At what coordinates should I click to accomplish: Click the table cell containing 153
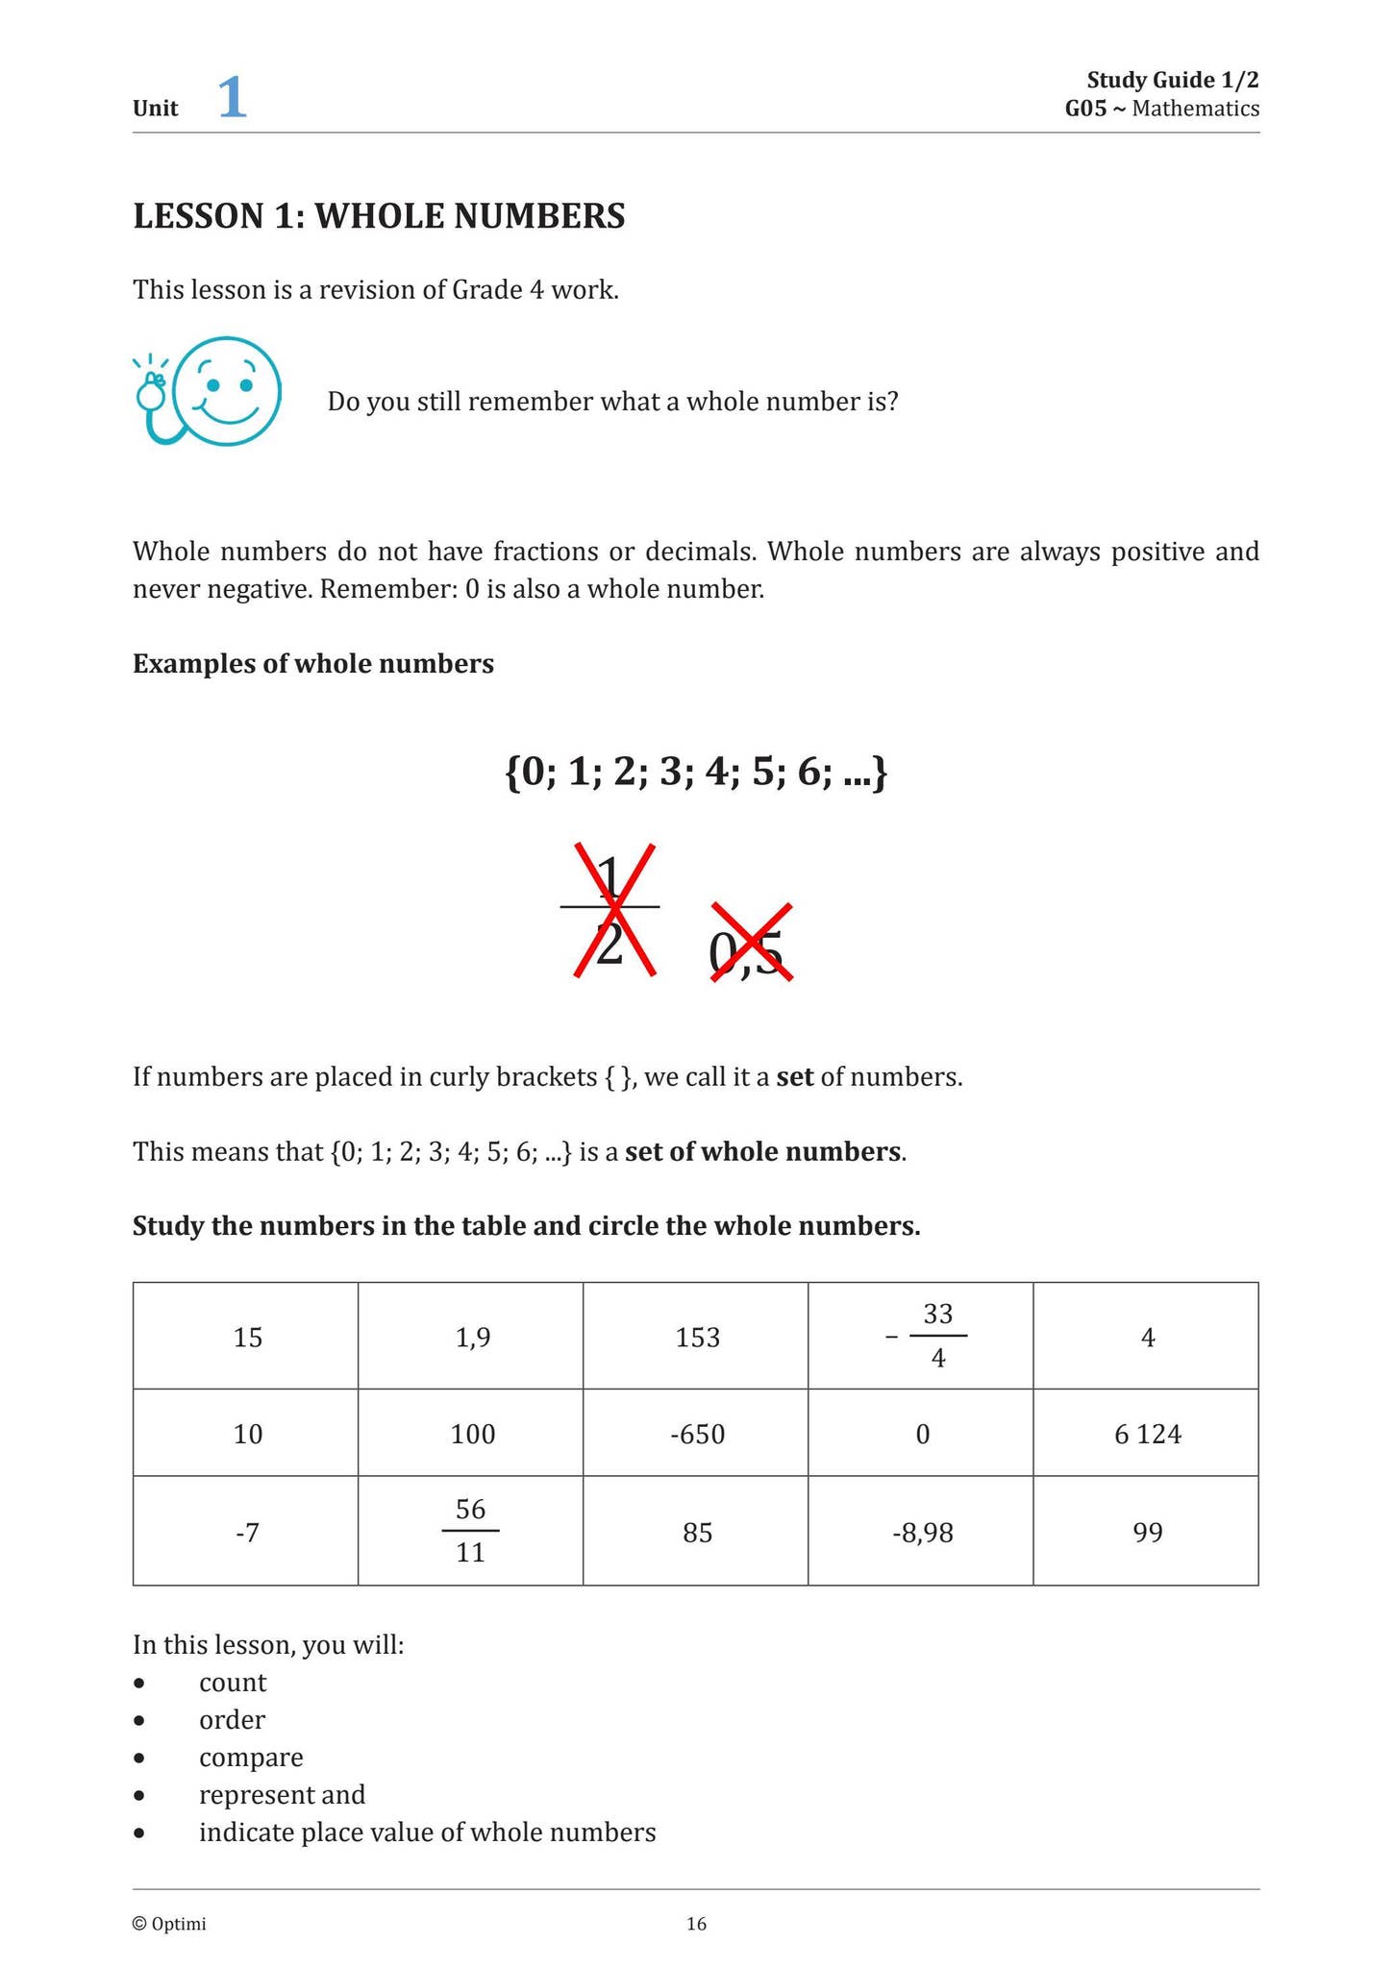(x=697, y=1337)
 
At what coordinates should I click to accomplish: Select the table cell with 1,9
(x=472, y=1337)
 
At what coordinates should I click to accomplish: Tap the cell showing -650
(x=697, y=1434)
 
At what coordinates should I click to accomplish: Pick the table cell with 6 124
(x=1147, y=1434)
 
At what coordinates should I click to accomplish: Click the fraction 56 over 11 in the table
(x=470, y=1531)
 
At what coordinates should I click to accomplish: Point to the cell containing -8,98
(x=922, y=1532)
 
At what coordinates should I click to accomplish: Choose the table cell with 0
(x=922, y=1434)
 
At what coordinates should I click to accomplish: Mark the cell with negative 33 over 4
(x=928, y=1336)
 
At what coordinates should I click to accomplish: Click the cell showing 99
(x=1147, y=1532)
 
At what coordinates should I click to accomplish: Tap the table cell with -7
(x=247, y=1532)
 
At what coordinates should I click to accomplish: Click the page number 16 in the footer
(x=696, y=1923)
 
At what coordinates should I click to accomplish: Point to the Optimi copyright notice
(x=169, y=1923)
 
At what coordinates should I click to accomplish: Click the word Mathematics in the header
(x=1195, y=109)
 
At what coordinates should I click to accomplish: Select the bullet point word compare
(x=251, y=1757)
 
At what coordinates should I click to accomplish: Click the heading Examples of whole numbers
(x=313, y=664)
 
